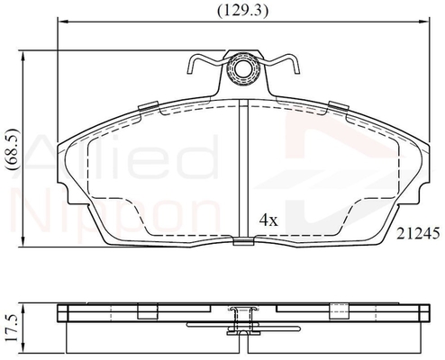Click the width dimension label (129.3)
(x=242, y=11)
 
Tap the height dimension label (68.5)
(x=14, y=149)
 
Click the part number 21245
(x=418, y=233)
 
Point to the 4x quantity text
(x=268, y=220)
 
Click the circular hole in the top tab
(x=243, y=69)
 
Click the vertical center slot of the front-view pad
(x=243, y=168)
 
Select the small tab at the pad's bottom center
(x=243, y=241)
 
